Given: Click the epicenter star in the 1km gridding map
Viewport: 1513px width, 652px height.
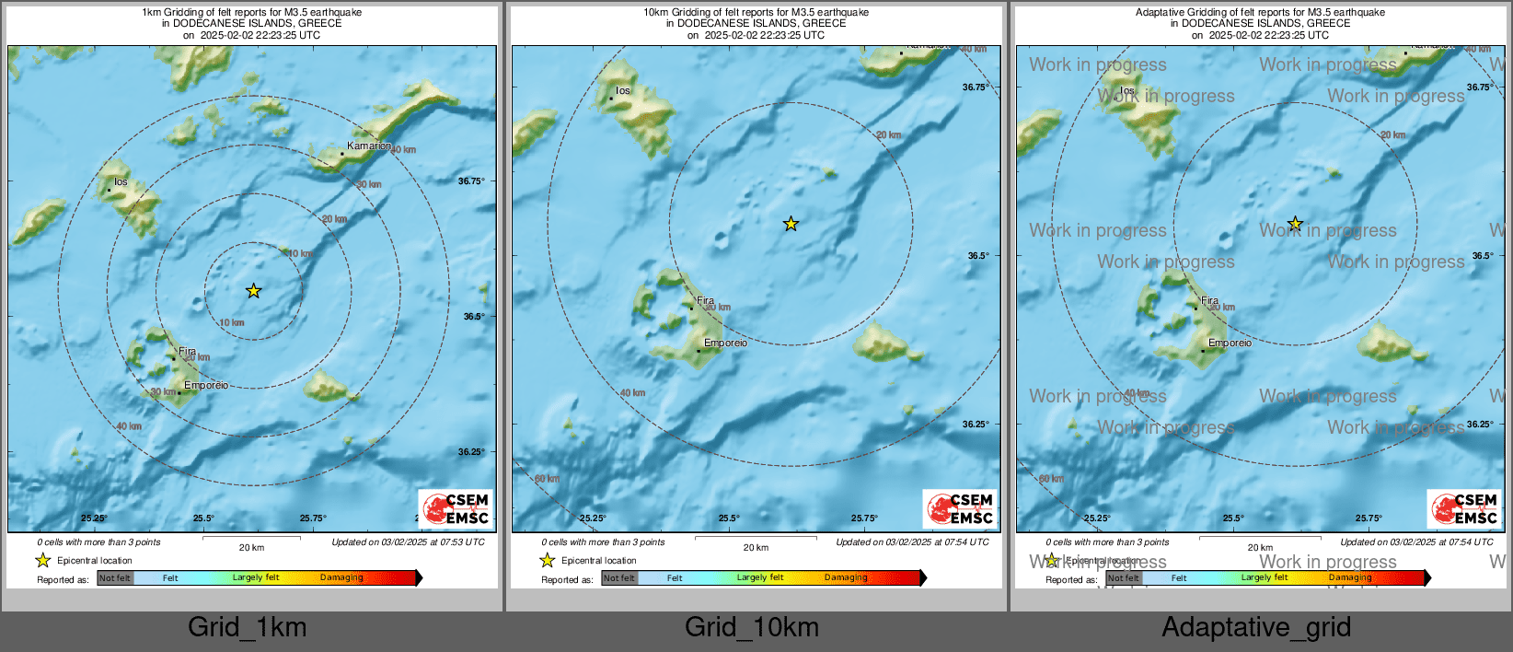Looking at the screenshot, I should tap(253, 291).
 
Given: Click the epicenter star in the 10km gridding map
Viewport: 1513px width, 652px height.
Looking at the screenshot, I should tap(791, 224).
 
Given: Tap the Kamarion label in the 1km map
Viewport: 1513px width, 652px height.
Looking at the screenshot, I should tap(369, 146).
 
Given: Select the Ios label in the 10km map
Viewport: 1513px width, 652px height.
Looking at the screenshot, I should tap(623, 90).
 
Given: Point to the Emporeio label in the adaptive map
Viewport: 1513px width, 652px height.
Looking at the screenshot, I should tap(1230, 343).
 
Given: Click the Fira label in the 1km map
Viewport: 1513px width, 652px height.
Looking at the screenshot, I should tap(187, 351).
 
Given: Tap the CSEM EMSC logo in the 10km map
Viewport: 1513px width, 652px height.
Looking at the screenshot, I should tap(960, 508).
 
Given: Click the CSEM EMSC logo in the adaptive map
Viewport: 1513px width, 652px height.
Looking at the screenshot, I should tap(1464, 508).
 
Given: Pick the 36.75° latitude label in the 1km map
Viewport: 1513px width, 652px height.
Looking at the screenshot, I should tap(471, 181).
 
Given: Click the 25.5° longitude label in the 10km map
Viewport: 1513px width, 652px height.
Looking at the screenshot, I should tap(729, 518).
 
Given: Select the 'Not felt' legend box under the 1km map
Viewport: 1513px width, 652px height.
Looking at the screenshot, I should tap(115, 578).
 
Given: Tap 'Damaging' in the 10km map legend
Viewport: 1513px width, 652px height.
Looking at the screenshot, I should tap(846, 578).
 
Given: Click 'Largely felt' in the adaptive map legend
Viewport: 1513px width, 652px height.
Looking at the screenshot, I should tap(1264, 578).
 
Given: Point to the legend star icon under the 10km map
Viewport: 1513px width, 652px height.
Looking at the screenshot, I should tap(548, 560).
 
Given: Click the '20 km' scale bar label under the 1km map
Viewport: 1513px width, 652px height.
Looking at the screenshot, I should tap(251, 548).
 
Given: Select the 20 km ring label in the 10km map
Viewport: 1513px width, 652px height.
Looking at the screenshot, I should tap(888, 135).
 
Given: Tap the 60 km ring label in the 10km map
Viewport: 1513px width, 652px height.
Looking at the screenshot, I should tap(547, 479).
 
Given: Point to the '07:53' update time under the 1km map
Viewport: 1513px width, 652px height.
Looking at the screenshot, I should tap(446, 542).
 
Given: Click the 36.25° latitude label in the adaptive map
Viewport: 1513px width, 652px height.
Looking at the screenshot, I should tap(1480, 425).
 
